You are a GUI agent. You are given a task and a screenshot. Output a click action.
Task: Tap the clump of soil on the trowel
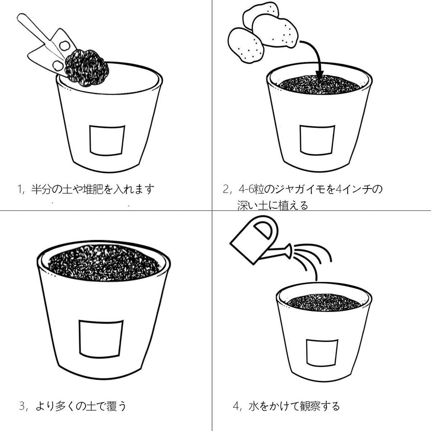tap(87, 67)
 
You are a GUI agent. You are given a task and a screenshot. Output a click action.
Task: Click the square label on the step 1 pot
tap(107, 140)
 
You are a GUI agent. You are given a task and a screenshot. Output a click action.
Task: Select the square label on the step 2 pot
tap(317, 140)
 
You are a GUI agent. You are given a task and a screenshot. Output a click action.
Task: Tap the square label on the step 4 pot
tap(322, 352)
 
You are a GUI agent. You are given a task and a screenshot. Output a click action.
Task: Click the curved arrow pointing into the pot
tap(314, 55)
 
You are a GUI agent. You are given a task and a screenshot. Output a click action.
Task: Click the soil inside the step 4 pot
tap(324, 302)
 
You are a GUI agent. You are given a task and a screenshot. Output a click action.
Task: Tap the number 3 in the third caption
tap(23, 406)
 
